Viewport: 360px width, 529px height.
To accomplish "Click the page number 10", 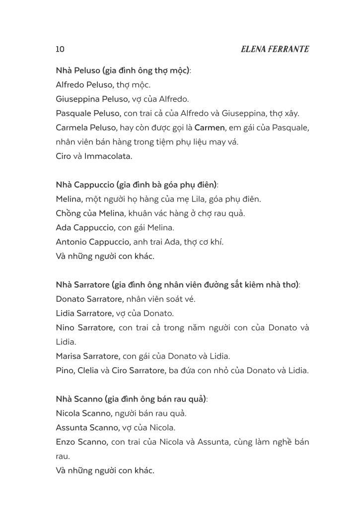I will [60, 49].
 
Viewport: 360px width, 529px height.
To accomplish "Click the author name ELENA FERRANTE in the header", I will [275, 49].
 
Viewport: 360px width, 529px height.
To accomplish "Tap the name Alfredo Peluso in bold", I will [85, 85].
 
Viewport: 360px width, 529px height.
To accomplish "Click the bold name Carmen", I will [210, 128].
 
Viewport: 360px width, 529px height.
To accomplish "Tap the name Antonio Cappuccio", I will [93, 242].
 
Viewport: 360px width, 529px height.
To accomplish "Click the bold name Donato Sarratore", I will [89, 299].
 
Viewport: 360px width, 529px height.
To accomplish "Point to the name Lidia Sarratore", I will [84, 314].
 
